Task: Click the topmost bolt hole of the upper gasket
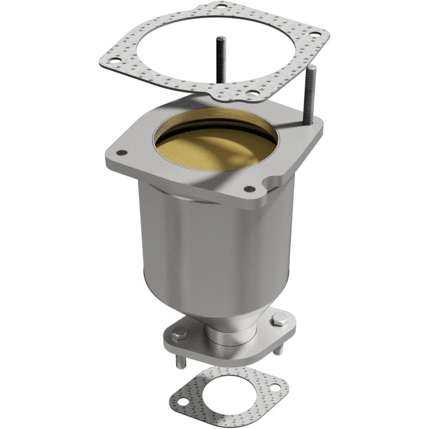[x=220, y=7]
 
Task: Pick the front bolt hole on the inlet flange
[x=249, y=189]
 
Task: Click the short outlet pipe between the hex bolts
[x=225, y=335]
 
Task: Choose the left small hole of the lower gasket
[x=182, y=401]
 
